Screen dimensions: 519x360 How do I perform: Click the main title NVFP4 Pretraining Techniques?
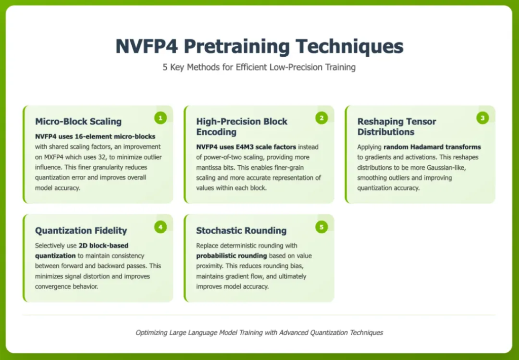259,46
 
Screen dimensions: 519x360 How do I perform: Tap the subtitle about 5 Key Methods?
259,67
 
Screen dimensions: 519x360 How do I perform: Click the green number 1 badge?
161,118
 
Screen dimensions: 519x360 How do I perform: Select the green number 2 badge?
321,118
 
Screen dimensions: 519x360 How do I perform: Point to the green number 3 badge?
483,118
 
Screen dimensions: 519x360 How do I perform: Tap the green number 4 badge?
161,227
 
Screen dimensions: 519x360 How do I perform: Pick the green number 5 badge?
321,227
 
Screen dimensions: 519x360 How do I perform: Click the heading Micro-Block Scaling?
79,122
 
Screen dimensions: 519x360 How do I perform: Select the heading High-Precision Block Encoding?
242,127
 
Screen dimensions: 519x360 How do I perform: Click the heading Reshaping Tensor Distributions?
397,127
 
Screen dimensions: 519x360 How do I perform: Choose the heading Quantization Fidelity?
81,231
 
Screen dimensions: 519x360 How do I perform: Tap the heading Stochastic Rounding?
241,231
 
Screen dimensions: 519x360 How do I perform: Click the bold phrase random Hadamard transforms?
432,147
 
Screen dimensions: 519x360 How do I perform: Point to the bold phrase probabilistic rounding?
231,256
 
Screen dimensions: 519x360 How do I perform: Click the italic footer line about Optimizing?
259,333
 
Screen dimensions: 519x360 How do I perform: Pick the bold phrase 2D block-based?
103,245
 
